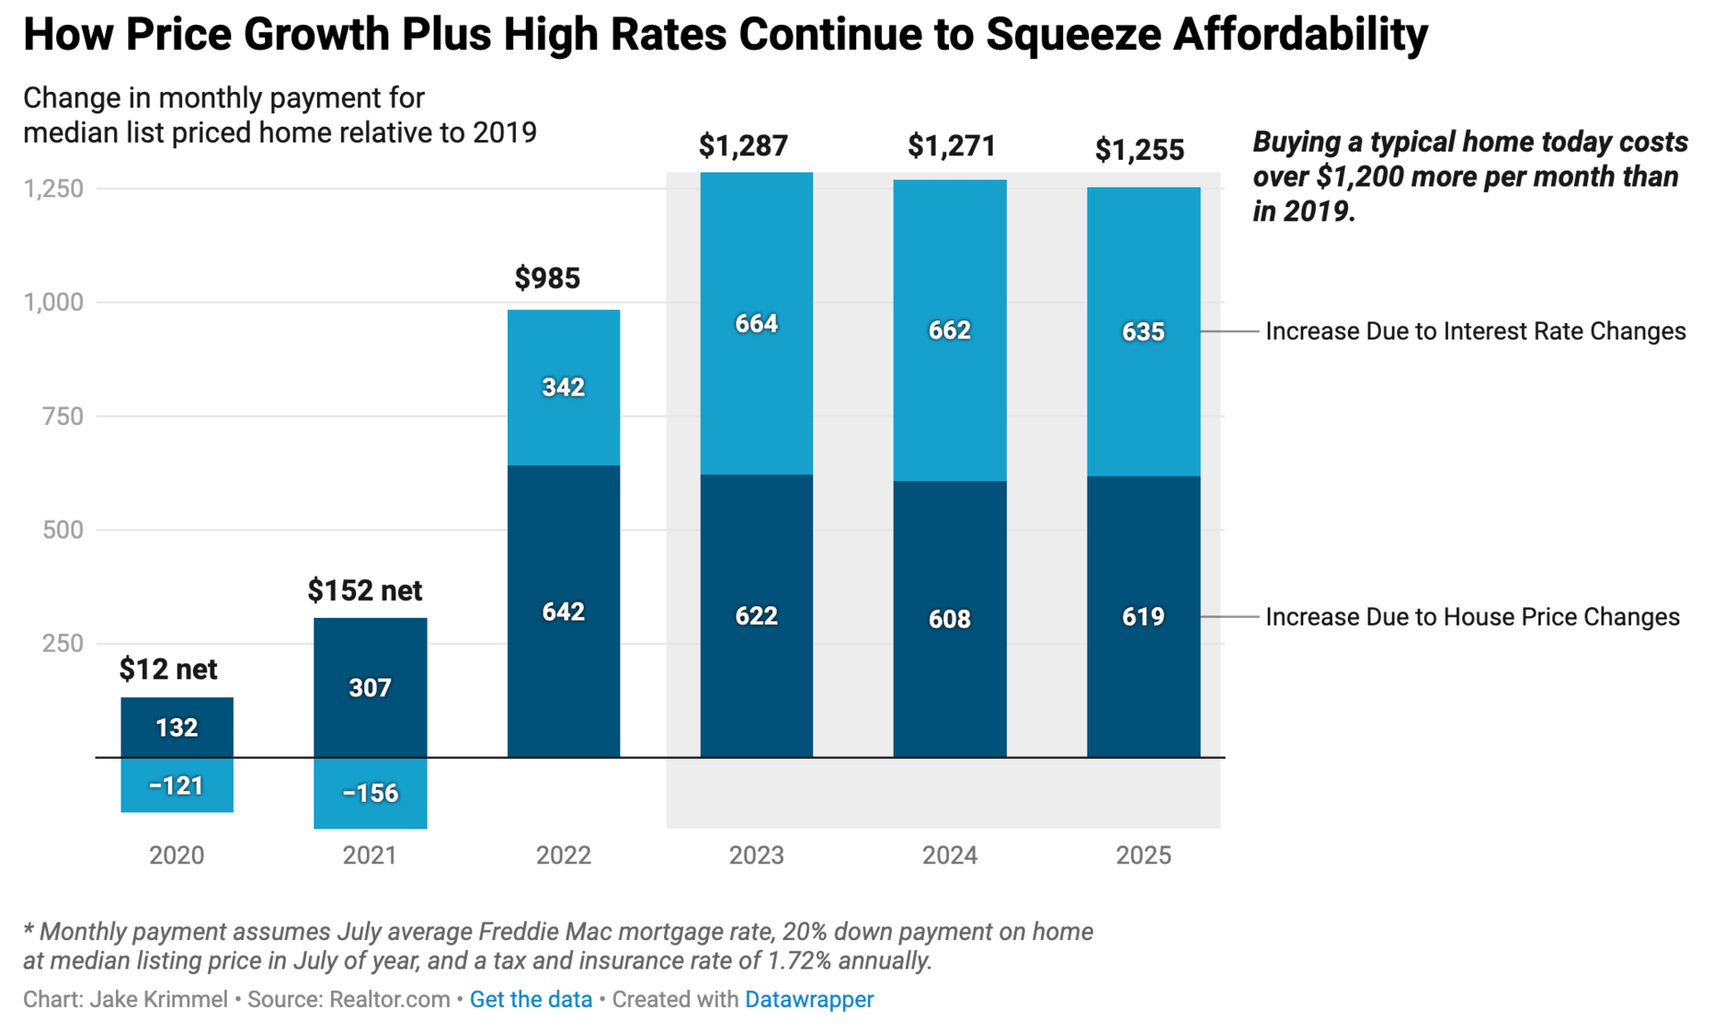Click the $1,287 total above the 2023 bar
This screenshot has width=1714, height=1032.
[743, 146]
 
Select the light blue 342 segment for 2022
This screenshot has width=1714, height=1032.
[563, 387]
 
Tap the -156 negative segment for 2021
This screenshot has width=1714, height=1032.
[370, 793]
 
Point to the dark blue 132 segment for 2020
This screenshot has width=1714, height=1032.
[177, 728]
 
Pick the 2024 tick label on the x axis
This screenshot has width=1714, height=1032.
[950, 855]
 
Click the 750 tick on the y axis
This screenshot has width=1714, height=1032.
[62, 416]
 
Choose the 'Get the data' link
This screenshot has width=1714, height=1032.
[531, 999]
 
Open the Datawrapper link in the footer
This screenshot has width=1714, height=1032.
[809, 999]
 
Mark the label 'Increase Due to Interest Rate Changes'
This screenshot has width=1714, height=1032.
[1476, 331]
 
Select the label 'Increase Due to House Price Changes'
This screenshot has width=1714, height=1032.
[1472, 617]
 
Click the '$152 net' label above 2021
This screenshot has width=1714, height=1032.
[364, 590]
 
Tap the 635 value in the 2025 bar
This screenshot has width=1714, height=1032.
[1144, 332]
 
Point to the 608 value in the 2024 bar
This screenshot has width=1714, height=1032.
[950, 619]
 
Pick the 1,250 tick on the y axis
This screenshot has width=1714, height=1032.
[54, 188]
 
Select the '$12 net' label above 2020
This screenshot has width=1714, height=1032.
[168, 669]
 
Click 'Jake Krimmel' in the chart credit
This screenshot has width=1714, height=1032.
[159, 999]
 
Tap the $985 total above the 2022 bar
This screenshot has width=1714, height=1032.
[547, 279]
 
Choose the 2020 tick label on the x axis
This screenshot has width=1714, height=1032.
[177, 855]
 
